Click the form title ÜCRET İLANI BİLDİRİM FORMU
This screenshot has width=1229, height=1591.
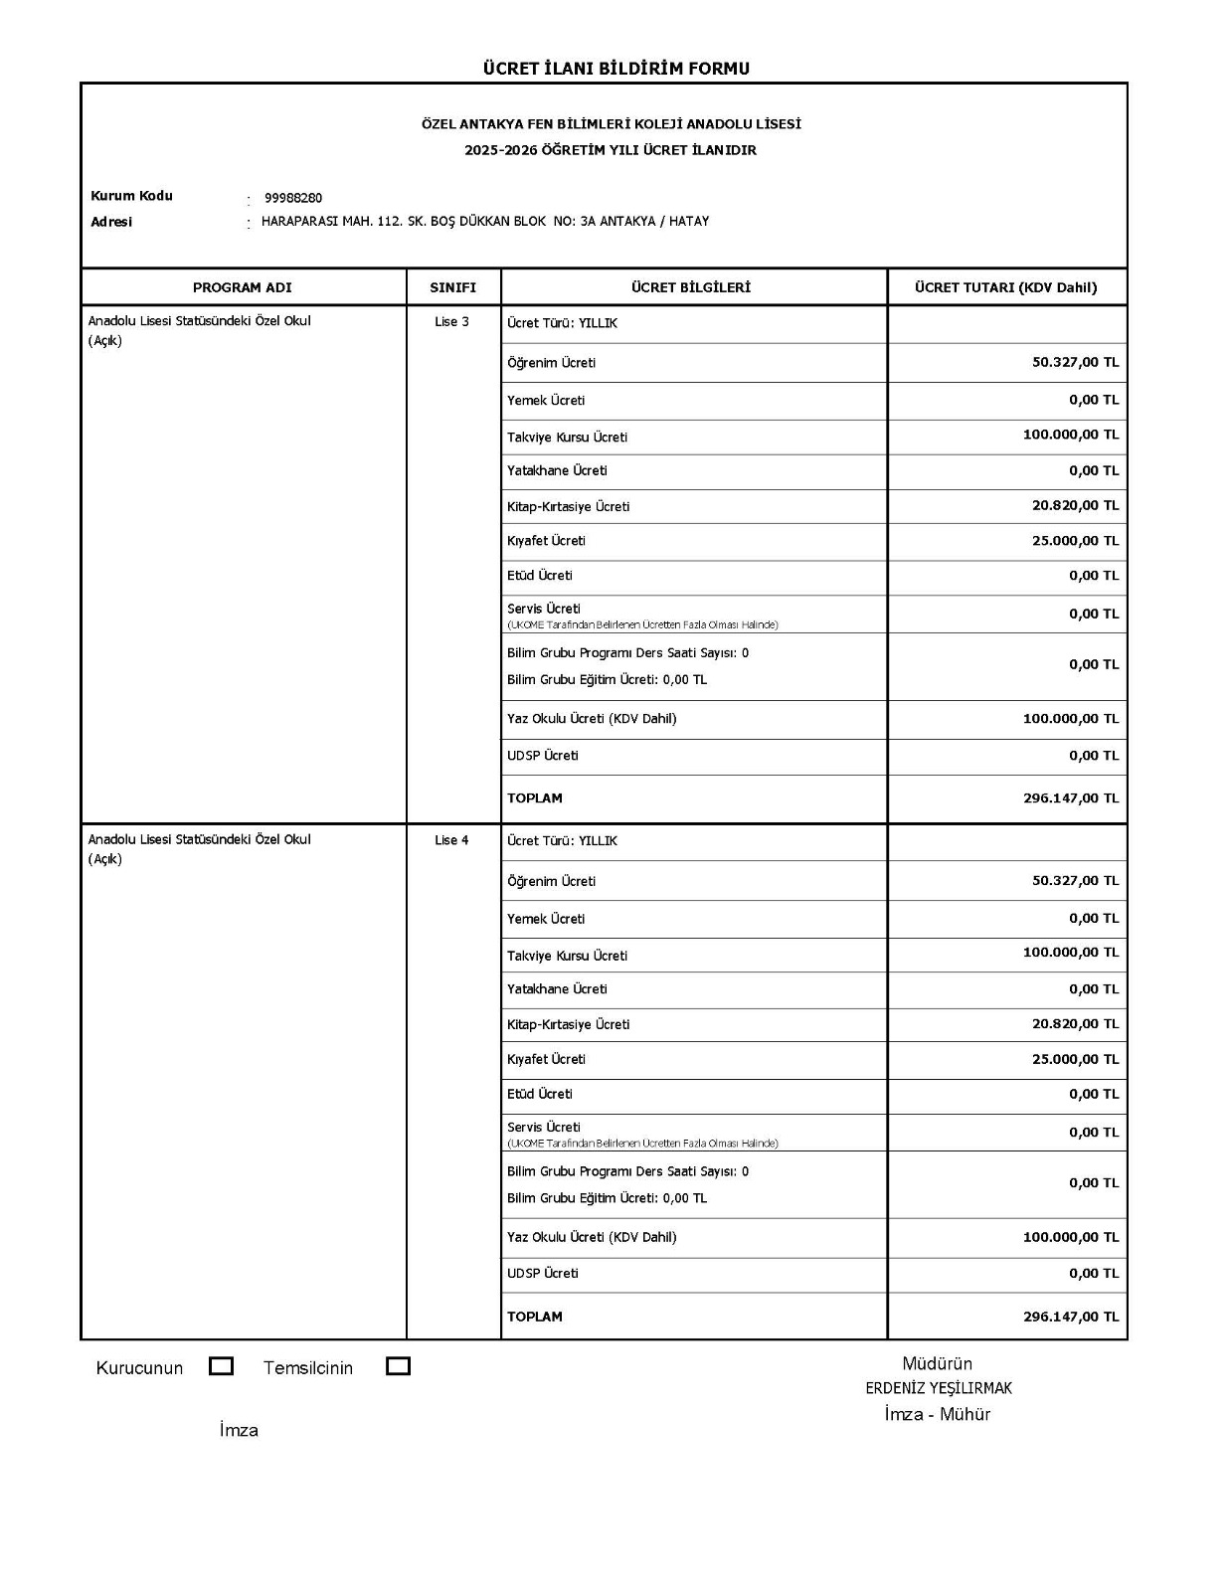pyautogui.click(x=615, y=69)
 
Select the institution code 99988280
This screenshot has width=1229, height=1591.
pyautogui.click(x=293, y=198)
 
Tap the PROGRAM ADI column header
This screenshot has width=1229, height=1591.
pyautogui.click(x=243, y=287)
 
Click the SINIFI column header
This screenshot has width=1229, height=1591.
pyautogui.click(x=453, y=287)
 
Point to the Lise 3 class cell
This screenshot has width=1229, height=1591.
pyautogui.click(x=451, y=322)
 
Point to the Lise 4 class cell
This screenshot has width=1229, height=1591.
pyautogui.click(x=451, y=840)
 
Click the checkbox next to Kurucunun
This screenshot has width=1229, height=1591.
pyautogui.click(x=222, y=1366)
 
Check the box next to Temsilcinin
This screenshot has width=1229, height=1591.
pyautogui.click(x=398, y=1366)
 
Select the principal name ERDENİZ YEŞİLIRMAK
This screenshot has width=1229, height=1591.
pyautogui.click(x=938, y=1388)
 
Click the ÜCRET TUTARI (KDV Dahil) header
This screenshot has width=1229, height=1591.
pyautogui.click(x=1006, y=287)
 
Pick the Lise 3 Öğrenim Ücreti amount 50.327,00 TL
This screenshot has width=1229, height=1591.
pyautogui.click(x=1075, y=362)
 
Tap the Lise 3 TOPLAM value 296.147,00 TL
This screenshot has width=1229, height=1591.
pyautogui.click(x=1070, y=797)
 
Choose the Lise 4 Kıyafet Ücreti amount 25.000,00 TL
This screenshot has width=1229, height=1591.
pyautogui.click(x=1075, y=1059)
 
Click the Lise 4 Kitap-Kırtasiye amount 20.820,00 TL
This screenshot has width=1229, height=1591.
pyautogui.click(x=1075, y=1023)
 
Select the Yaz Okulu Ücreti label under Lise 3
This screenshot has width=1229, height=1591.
pyautogui.click(x=592, y=718)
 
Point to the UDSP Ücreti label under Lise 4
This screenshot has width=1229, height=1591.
pyautogui.click(x=543, y=1273)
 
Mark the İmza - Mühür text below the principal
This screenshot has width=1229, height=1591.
pyautogui.click(x=937, y=1414)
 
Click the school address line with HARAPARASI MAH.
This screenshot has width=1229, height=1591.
pyautogui.click(x=485, y=222)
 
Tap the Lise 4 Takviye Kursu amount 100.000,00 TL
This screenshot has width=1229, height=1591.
pyautogui.click(x=1070, y=953)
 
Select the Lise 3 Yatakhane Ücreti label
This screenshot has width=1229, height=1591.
pyautogui.click(x=557, y=470)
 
